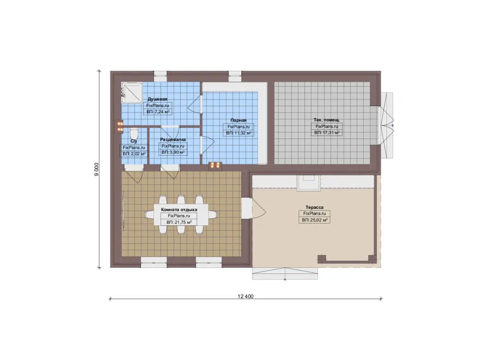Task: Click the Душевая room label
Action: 158,99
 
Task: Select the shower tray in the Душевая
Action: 132,93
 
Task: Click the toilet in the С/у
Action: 134,133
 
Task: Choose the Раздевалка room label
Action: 173,139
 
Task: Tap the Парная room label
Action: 238,120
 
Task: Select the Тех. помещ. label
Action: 327,120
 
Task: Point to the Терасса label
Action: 314,207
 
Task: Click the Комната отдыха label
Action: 179,209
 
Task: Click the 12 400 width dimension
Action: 245,296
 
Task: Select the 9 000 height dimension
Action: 97,169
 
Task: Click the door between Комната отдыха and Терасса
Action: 254,209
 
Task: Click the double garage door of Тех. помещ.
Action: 387,126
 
